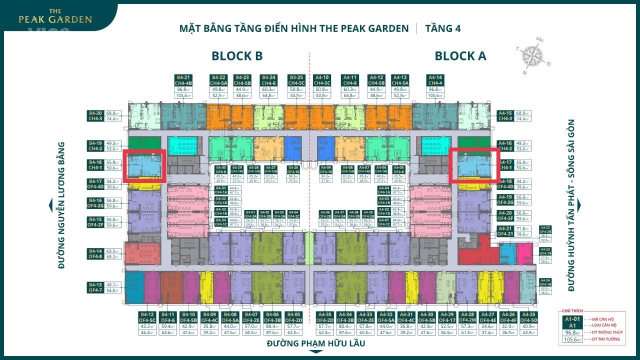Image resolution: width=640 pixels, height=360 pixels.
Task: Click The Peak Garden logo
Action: point(55,16)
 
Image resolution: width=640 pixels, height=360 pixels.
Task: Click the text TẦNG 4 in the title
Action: point(442,28)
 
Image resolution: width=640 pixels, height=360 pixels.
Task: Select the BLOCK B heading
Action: point(237,56)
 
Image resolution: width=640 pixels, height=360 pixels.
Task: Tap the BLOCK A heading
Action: point(460,56)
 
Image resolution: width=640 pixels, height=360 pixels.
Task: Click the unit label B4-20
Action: point(95,113)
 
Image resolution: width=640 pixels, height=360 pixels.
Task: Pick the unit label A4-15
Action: point(504,113)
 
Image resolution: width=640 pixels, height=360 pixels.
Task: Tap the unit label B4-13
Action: point(95,284)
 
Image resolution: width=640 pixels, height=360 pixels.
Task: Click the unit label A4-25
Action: point(528,314)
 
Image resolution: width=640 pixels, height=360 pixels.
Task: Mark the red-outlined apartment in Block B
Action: point(145,164)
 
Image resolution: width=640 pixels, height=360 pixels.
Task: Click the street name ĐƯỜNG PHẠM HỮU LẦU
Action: point(315,343)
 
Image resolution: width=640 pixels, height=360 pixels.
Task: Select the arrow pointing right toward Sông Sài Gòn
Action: point(579,205)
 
